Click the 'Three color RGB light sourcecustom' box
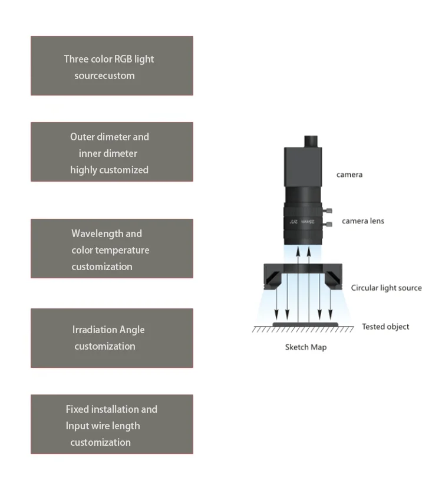(111, 66)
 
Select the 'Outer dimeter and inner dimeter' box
(111, 152)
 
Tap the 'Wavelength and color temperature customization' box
(111, 249)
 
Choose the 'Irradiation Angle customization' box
(111, 338)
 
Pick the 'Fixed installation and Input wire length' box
(111, 425)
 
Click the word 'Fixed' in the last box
(77, 409)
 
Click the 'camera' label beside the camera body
(349, 175)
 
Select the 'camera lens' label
(363, 221)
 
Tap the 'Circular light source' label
(386, 288)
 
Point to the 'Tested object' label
(385, 327)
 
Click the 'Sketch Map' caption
(306, 347)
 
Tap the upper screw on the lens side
(329, 211)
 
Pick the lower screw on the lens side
(329, 223)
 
